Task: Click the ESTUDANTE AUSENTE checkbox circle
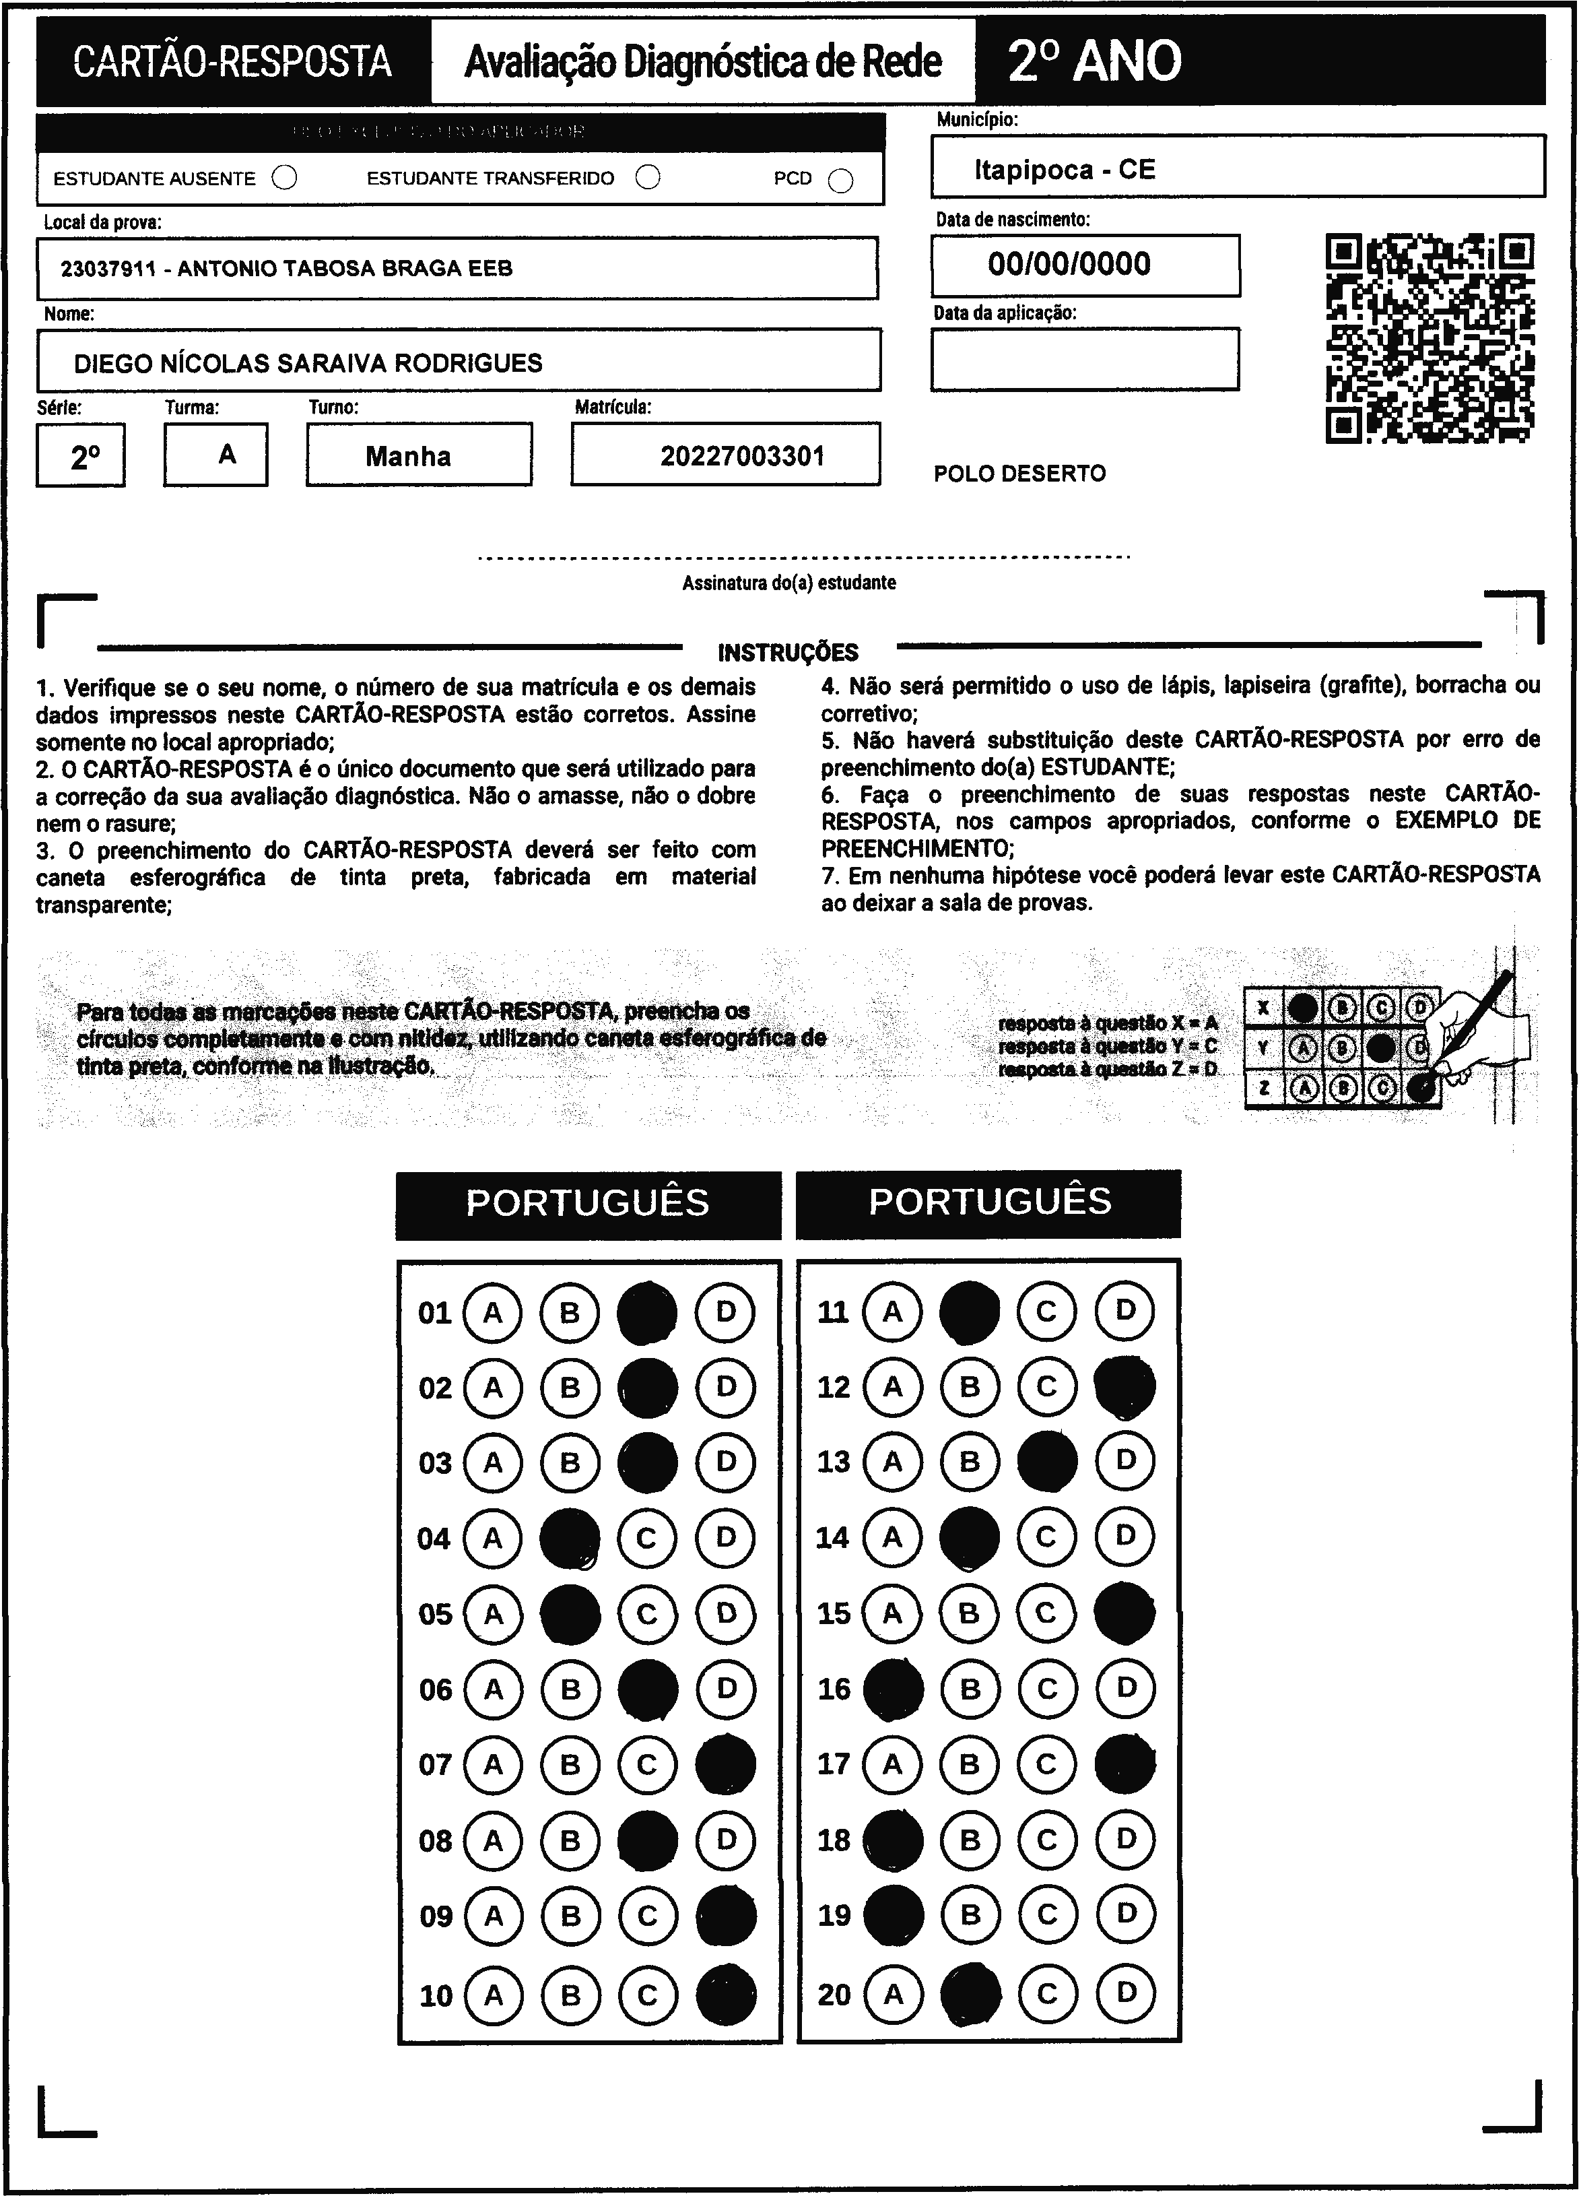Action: click(285, 178)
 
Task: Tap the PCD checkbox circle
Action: click(841, 181)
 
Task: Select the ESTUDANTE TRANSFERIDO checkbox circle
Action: click(648, 177)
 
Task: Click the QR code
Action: click(1429, 338)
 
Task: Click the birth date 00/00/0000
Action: click(1069, 264)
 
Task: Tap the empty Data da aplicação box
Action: click(1084, 359)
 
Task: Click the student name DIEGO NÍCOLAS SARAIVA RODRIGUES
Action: click(308, 363)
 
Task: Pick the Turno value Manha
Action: click(407, 456)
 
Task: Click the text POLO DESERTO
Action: click(1019, 474)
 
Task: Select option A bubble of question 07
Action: click(493, 1764)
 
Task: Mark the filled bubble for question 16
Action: click(893, 1689)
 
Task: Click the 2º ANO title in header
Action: click(1094, 62)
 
